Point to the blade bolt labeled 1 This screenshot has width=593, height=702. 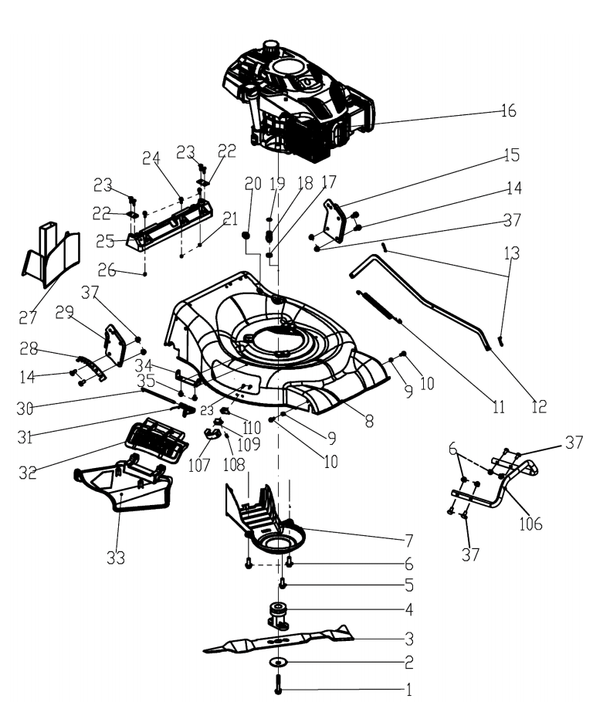click(x=278, y=683)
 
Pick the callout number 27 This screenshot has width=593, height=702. click(x=29, y=317)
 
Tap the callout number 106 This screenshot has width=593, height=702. click(x=530, y=523)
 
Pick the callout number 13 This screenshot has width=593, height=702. click(x=510, y=253)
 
